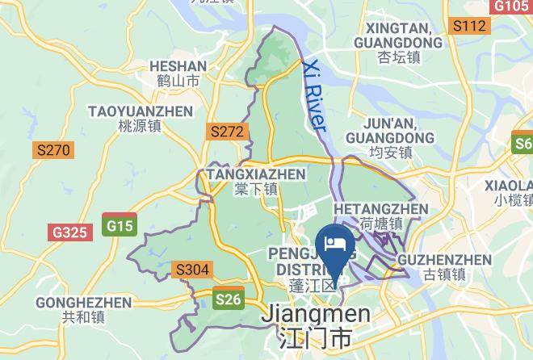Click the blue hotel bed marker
(x=334, y=244)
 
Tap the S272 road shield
(x=226, y=130)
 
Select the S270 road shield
(x=53, y=149)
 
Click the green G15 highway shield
(x=120, y=226)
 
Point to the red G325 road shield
(x=69, y=232)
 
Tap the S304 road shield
(x=192, y=269)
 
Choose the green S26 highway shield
(x=229, y=299)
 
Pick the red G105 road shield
(x=511, y=6)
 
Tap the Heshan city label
(x=178, y=73)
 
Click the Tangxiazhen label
(x=256, y=182)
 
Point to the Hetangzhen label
(x=380, y=216)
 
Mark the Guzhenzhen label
(x=444, y=266)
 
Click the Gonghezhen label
(x=84, y=310)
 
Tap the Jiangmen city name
(x=315, y=324)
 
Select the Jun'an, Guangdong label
(x=390, y=137)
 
